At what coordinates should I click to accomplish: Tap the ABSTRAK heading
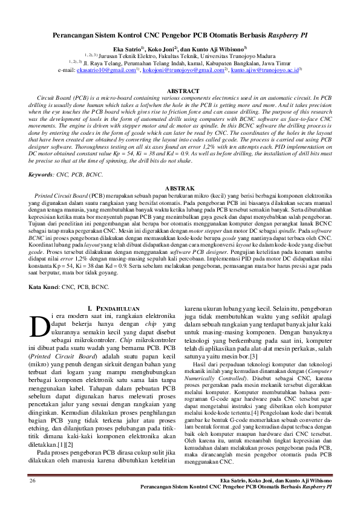(180, 189)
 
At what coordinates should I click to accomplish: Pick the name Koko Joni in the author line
(160, 49)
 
